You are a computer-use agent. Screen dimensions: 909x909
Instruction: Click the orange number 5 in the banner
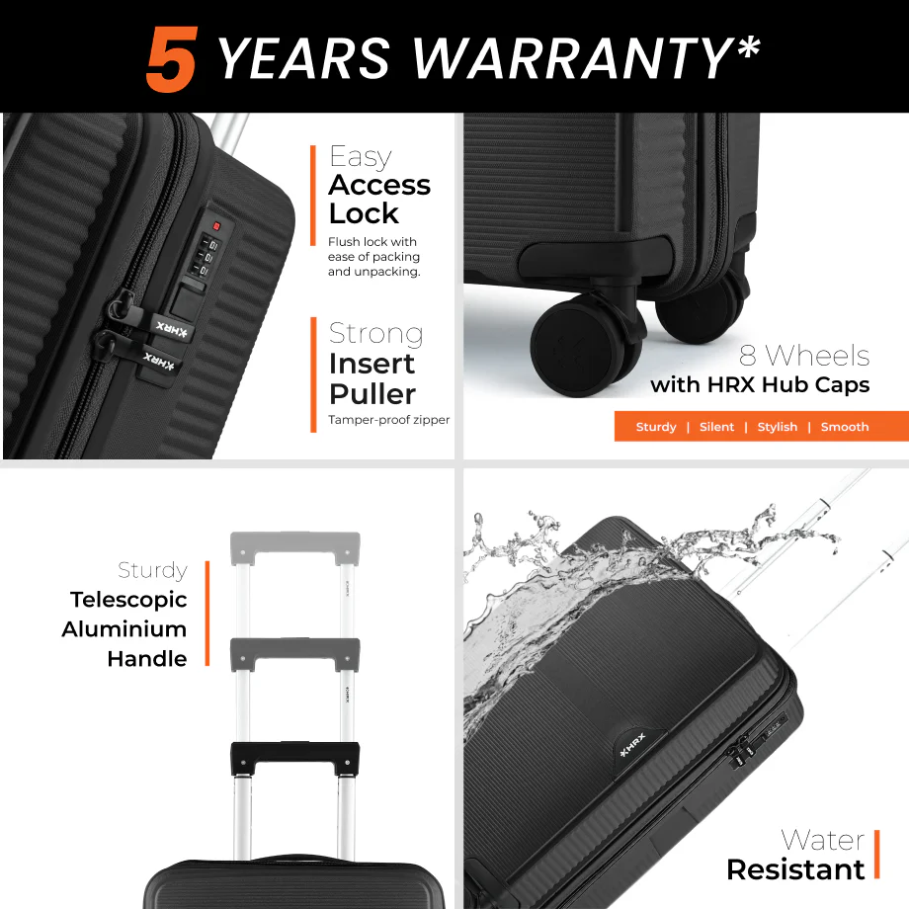click(x=172, y=59)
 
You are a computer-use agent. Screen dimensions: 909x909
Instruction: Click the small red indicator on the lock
click(x=216, y=225)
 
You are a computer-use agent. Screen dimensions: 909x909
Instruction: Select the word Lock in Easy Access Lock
click(x=364, y=213)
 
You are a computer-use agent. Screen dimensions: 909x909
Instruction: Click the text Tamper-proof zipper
click(x=388, y=419)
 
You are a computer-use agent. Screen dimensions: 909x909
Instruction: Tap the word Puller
click(x=372, y=394)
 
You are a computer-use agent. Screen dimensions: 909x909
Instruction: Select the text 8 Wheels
click(x=804, y=355)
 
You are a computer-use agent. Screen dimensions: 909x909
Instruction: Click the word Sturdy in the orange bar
click(x=656, y=427)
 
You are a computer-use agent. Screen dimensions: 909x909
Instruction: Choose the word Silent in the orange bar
click(x=716, y=427)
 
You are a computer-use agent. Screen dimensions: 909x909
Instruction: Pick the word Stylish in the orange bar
click(x=778, y=427)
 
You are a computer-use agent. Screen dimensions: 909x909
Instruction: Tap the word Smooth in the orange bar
click(x=845, y=427)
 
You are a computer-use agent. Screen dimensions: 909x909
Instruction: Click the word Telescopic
click(x=128, y=600)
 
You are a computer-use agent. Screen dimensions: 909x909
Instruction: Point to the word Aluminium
click(x=124, y=629)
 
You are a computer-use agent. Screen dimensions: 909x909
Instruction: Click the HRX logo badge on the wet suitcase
click(x=633, y=746)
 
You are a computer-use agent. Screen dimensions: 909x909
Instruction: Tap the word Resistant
click(x=795, y=869)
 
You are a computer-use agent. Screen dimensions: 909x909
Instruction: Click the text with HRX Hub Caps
click(x=760, y=384)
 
